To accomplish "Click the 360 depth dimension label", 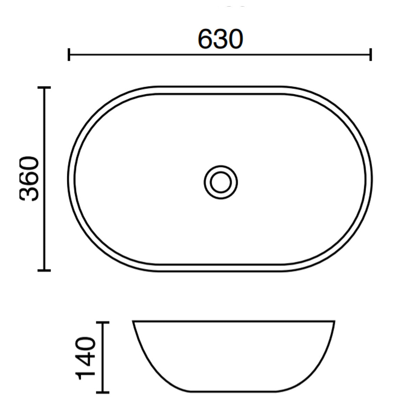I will coord(29,179).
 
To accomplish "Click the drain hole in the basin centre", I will coord(220,182).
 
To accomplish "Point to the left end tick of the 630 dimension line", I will coord(69,54).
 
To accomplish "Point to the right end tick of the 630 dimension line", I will coord(371,54).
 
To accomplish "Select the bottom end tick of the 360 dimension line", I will coord(44,270).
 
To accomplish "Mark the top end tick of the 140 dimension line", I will coord(102,322).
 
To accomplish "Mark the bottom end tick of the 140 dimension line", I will coord(102,392).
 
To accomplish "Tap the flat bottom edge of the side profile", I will coord(234,392).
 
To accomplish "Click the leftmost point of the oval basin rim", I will coord(68,179).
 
